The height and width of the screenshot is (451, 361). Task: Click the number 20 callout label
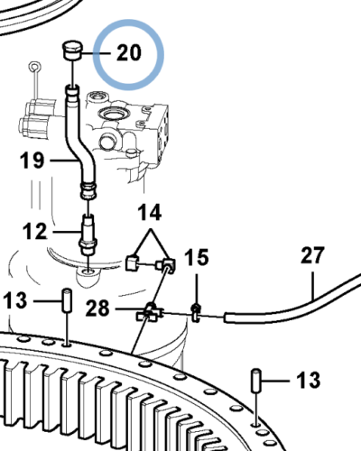(x=129, y=52)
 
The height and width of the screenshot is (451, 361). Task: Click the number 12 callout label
(x=33, y=232)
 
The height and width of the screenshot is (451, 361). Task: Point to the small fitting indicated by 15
(x=195, y=312)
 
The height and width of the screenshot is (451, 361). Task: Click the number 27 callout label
(x=311, y=255)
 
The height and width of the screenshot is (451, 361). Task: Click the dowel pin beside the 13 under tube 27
(x=255, y=379)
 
